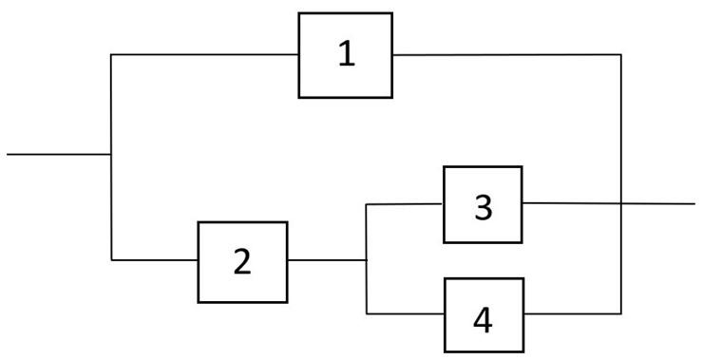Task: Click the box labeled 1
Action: point(346,55)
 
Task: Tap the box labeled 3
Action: point(483,204)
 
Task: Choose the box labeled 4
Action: point(483,314)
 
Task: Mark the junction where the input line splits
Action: point(111,153)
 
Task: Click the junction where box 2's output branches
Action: point(367,259)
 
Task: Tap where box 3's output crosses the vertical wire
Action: point(621,203)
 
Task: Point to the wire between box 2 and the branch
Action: point(327,259)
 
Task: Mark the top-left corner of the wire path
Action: point(111,55)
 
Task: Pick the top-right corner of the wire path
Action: point(621,55)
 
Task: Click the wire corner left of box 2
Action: point(111,259)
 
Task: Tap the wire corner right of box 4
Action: point(621,313)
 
